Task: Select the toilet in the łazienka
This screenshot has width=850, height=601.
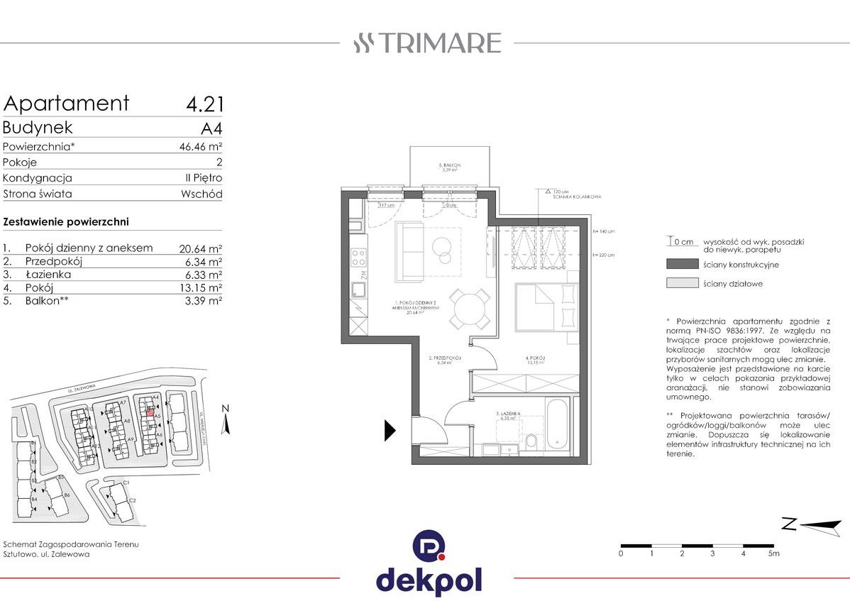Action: click(531, 441)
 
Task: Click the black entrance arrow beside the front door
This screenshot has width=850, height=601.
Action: click(390, 430)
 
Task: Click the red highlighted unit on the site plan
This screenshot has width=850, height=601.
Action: click(150, 409)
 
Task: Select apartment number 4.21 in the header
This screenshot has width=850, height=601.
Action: click(204, 104)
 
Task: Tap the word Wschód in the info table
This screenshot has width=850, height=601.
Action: click(202, 194)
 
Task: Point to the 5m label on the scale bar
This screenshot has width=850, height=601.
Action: click(773, 553)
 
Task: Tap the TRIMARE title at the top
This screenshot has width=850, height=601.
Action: click(428, 43)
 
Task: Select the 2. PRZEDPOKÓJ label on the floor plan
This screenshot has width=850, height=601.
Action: click(446, 359)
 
